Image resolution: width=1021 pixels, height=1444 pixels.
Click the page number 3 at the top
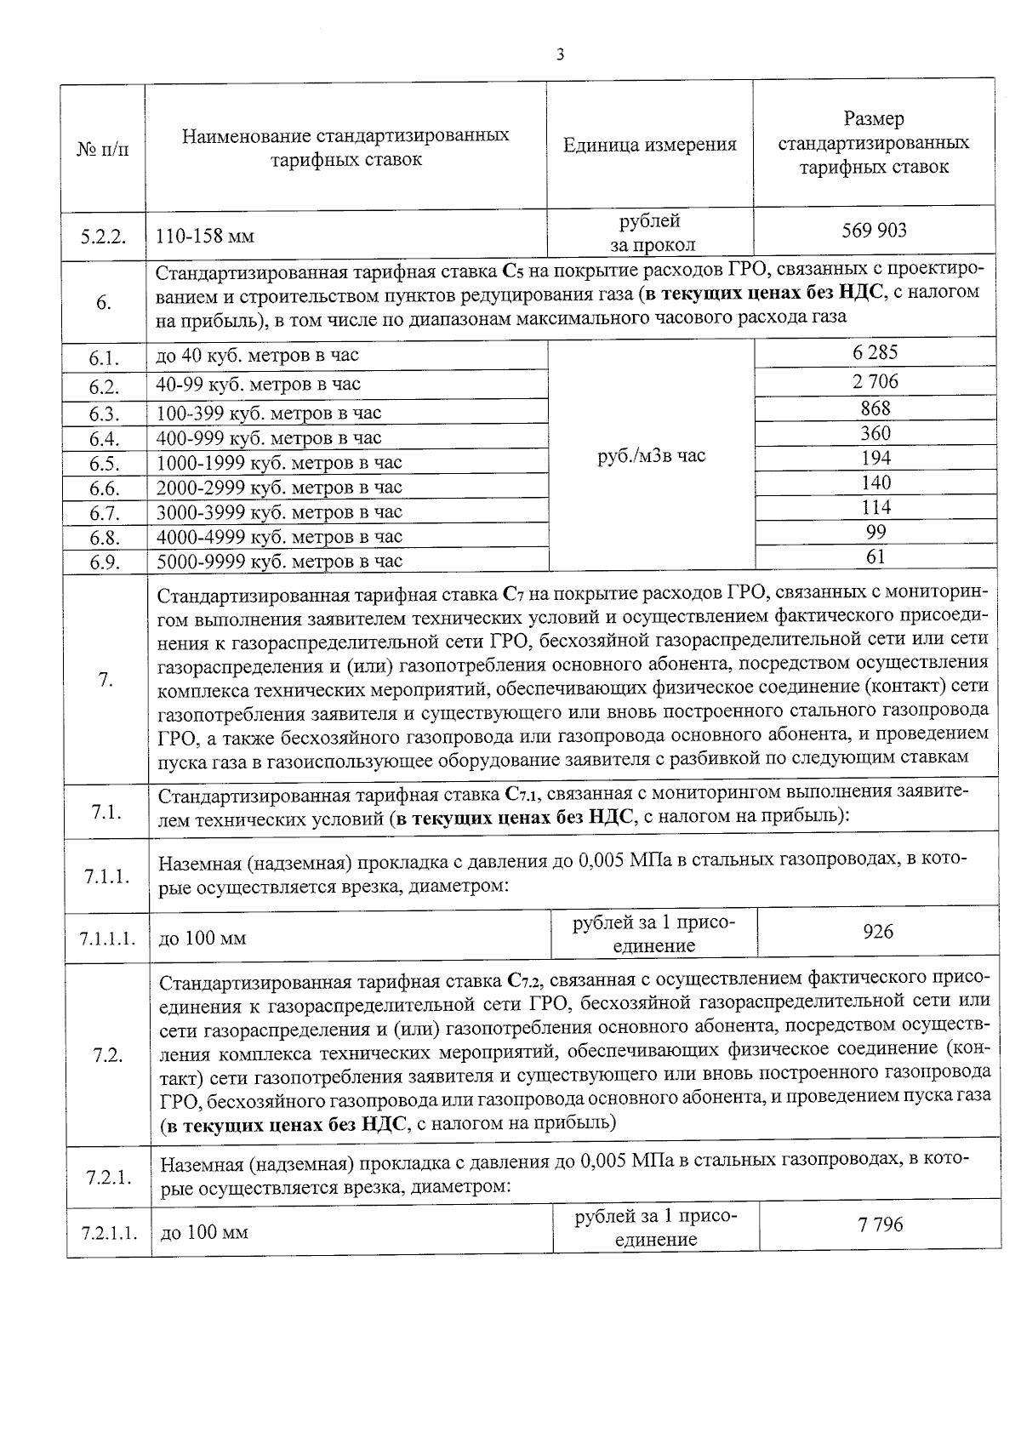coord(559,55)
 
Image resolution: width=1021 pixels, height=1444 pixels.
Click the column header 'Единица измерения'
coord(650,145)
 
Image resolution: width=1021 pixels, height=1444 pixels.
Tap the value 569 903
coord(874,230)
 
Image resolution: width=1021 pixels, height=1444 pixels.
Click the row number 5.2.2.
coord(104,236)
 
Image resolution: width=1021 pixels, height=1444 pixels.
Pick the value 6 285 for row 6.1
coord(876,352)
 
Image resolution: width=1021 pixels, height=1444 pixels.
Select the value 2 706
coord(876,381)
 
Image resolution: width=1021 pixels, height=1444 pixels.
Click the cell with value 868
coord(876,408)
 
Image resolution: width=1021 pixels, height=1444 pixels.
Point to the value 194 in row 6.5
coord(876,458)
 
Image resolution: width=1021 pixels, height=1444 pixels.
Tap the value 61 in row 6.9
coord(876,556)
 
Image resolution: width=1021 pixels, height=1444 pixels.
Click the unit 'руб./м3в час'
coord(651,456)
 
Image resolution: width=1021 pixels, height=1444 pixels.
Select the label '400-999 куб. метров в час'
coord(269,438)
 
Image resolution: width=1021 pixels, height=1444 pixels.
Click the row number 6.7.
coord(104,513)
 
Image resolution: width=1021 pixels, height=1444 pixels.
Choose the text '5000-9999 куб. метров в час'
coord(279,562)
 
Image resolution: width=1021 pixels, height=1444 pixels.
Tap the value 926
coord(877,932)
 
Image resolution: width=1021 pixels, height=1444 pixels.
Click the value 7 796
coord(881,1224)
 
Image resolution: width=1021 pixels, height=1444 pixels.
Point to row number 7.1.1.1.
coord(106,939)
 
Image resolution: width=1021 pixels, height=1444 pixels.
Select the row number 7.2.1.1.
coord(108,1233)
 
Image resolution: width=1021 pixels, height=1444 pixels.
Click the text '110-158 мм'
coord(205,236)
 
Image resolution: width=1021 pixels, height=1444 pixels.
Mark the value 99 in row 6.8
coord(876,532)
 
